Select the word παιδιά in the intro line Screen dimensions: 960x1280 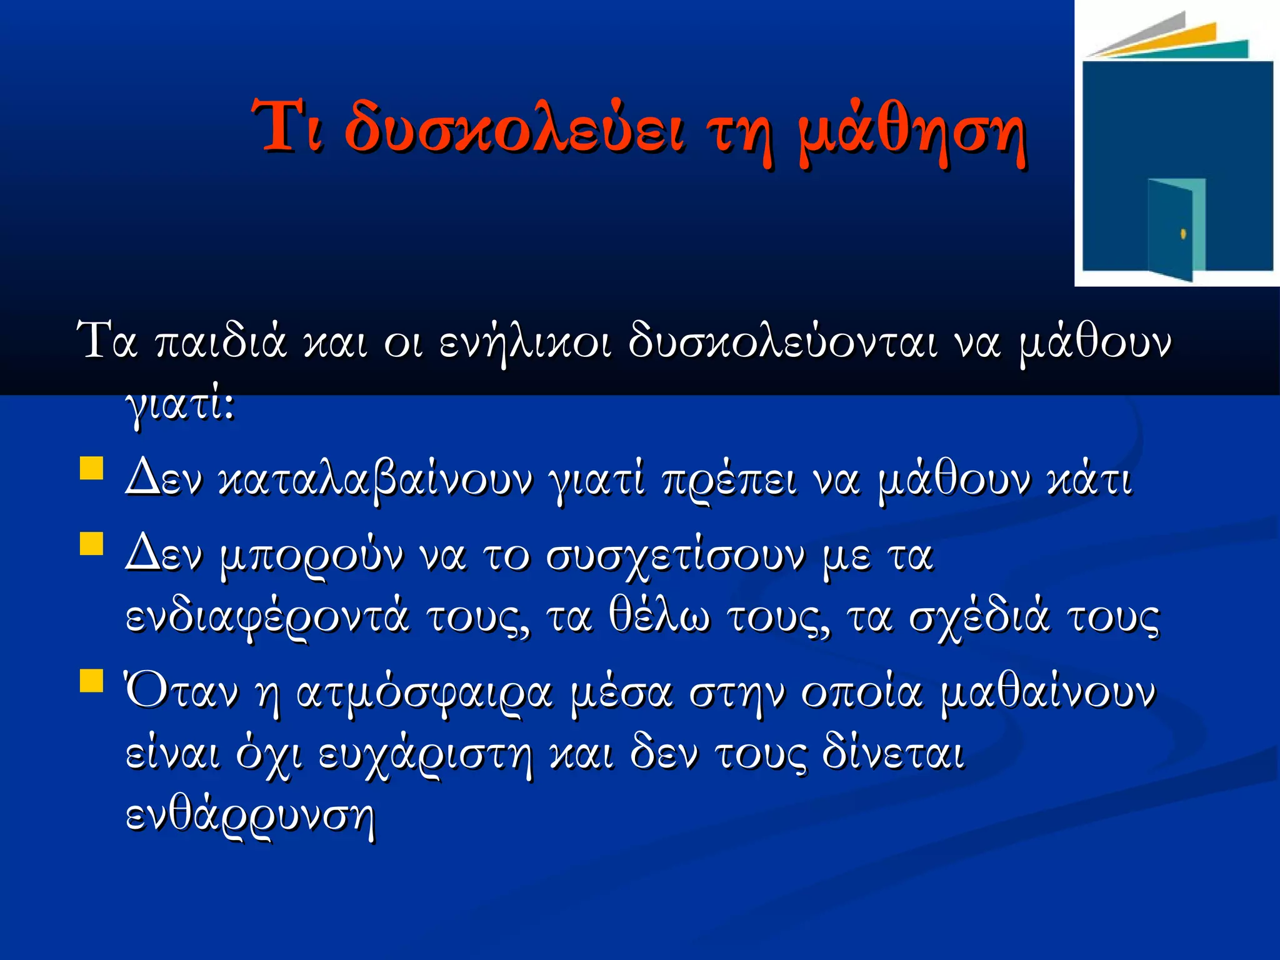pos(221,342)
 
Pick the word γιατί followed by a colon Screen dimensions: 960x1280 pos(180,406)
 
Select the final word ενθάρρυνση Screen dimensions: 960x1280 pos(250,816)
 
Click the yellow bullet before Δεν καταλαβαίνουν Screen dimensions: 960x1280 pos(91,468)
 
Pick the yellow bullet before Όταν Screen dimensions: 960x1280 pos(91,681)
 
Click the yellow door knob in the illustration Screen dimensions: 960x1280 pos(1182,234)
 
